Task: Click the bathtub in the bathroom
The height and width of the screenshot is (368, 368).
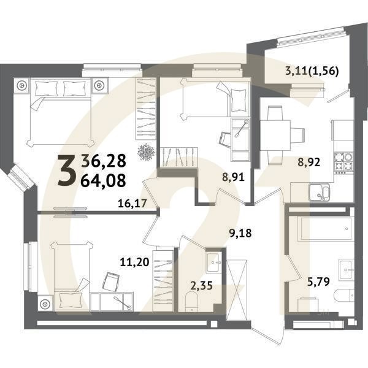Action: tap(320, 229)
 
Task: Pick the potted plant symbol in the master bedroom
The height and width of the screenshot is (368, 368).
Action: tap(146, 150)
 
